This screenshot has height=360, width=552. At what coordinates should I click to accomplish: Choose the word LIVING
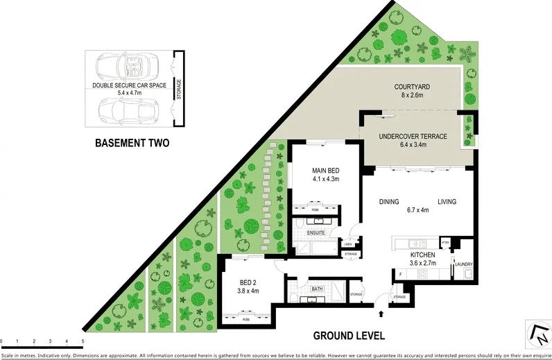[447, 202]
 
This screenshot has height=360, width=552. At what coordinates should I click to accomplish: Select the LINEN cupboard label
[349, 243]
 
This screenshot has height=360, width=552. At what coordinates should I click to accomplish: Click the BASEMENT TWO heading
[130, 144]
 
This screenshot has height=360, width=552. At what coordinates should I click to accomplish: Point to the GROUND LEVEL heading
[349, 336]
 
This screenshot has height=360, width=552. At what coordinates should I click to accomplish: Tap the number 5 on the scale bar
[83, 341]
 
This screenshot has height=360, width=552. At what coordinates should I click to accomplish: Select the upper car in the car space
[129, 67]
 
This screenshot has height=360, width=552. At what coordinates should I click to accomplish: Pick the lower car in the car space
[129, 110]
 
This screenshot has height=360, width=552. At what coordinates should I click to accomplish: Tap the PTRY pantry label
[446, 243]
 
